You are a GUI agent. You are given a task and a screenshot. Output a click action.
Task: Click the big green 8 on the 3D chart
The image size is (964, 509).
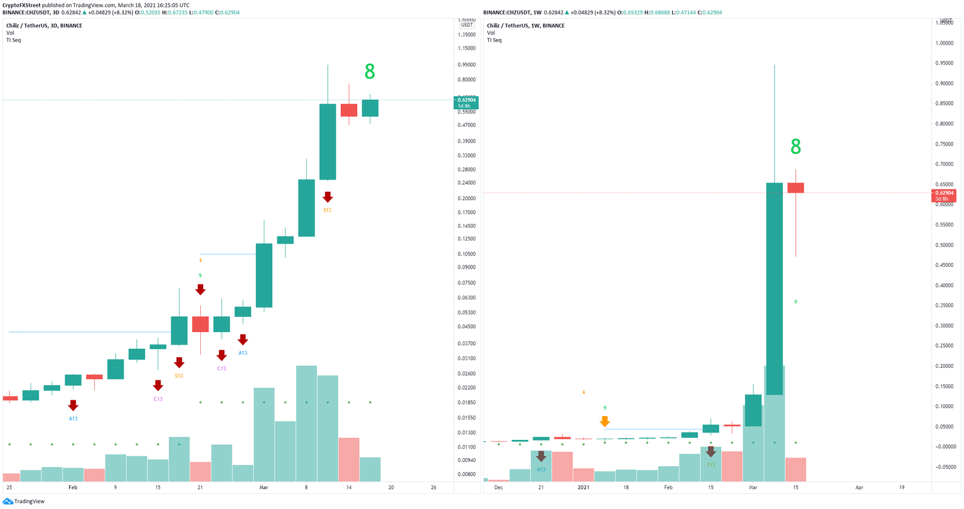(x=370, y=72)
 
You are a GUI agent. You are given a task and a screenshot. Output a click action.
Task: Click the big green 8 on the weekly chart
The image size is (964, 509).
(x=795, y=147)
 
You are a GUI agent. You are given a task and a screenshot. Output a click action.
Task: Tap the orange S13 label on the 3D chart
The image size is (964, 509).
(x=327, y=210)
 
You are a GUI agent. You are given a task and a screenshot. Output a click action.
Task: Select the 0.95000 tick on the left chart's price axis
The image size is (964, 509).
(x=467, y=65)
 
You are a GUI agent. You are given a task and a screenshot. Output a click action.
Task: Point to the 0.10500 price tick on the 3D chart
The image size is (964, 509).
(x=467, y=254)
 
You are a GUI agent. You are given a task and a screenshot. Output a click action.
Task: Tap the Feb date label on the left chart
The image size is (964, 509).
(x=73, y=487)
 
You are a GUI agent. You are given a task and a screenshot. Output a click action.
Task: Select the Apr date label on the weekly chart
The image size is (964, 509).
(x=859, y=487)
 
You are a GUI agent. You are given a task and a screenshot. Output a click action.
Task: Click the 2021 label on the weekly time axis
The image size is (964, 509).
(x=584, y=487)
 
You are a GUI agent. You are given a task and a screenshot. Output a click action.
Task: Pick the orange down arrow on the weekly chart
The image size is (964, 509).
(x=604, y=421)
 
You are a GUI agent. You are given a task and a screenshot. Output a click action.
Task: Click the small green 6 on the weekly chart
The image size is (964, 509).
(x=795, y=302)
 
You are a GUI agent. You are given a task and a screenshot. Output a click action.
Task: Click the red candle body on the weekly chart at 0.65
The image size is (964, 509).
(x=796, y=188)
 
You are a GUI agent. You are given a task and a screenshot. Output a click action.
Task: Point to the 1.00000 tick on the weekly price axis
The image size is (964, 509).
(x=944, y=43)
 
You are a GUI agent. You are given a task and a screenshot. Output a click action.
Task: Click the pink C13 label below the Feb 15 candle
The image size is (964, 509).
(x=158, y=399)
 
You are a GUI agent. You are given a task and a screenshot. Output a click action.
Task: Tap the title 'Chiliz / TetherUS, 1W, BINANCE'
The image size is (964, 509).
(x=526, y=26)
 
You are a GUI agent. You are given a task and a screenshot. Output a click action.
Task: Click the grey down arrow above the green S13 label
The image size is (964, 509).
(x=710, y=451)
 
